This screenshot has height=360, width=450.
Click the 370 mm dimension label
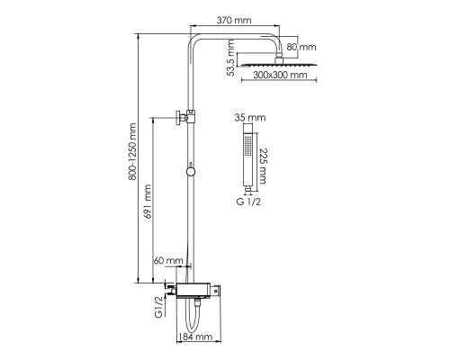(234, 20)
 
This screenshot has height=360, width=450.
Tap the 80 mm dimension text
(301, 47)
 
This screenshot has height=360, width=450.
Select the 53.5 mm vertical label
(230, 58)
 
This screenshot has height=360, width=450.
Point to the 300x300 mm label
(280, 75)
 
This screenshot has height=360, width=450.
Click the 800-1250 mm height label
(132, 151)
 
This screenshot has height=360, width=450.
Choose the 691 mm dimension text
(148, 202)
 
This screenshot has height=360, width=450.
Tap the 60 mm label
(168, 260)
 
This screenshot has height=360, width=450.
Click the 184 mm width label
(195, 337)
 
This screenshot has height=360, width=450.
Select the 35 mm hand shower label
(250, 117)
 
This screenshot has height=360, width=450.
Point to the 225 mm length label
(263, 166)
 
